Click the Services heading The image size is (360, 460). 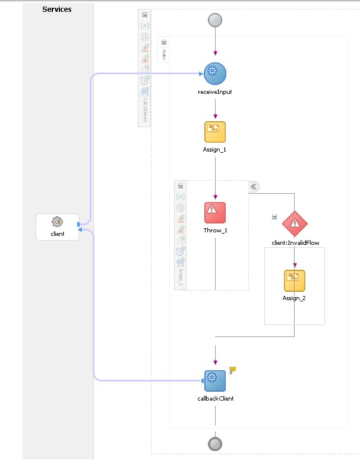(57, 10)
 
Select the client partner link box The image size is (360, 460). (57, 227)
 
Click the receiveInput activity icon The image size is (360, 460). (215, 74)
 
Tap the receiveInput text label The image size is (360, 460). (215, 92)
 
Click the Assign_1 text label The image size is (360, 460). (215, 150)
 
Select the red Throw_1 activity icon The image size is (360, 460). (215, 212)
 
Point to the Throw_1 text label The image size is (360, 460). (215, 230)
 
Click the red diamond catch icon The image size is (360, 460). (295, 223)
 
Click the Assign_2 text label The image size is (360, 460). (295, 298)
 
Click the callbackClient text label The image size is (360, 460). (215, 399)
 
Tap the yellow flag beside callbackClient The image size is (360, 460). (233, 370)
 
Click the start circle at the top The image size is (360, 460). (215, 20)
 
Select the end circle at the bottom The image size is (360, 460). (215, 444)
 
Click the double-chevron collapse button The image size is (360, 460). (254, 187)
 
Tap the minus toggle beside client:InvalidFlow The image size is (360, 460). (274, 217)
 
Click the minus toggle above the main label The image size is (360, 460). (164, 42)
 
